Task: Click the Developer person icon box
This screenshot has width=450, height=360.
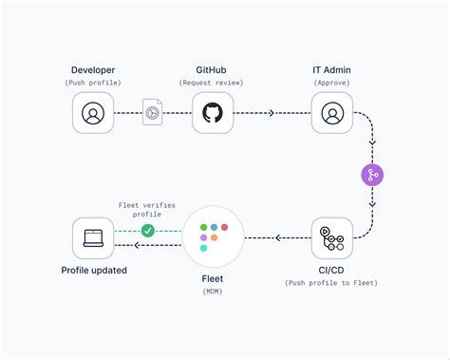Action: [93, 114]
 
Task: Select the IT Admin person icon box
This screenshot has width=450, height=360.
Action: [331, 114]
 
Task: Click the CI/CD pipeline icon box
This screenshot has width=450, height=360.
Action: [331, 238]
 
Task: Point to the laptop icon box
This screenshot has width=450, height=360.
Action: [93, 238]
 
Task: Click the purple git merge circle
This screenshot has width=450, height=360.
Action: [372, 175]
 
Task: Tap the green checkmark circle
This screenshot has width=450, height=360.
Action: [147, 230]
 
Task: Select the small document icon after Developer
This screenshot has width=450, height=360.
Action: [151, 112]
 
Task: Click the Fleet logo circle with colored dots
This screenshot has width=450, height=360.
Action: [213, 237]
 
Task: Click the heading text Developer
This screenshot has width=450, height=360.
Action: [93, 70]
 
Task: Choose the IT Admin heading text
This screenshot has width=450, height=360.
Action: [331, 70]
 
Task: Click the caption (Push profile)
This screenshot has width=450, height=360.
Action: [93, 84]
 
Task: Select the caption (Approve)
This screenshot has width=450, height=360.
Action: [331, 84]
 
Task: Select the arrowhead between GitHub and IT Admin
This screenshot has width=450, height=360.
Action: [272, 113]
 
